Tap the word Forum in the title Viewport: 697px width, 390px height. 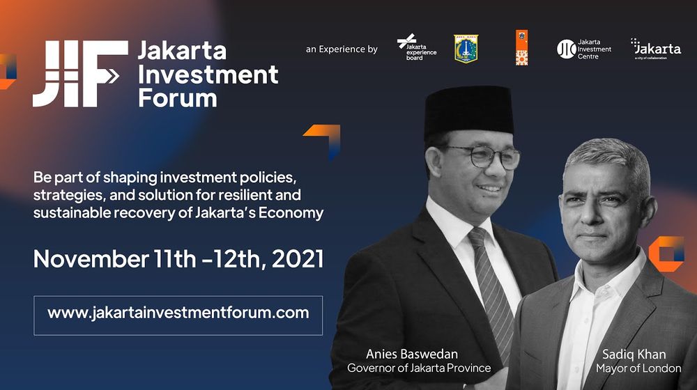pos(177,97)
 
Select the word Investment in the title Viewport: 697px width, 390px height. pos(208,73)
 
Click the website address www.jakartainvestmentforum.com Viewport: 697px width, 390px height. pos(178,313)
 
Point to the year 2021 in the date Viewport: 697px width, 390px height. pos(297,258)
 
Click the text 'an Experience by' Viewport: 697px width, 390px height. pos(342,49)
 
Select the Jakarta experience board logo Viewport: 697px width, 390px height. pos(417,48)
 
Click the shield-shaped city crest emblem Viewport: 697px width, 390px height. pos(466,49)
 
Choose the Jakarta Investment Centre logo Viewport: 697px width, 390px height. pos(584,49)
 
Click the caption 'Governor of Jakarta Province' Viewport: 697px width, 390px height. pos(419,368)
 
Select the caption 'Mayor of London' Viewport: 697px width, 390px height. pos(638,368)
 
